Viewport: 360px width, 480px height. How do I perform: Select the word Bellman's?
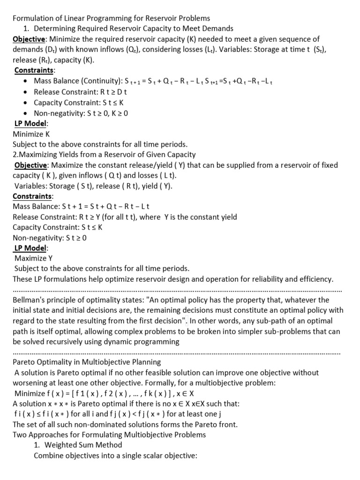(30, 300)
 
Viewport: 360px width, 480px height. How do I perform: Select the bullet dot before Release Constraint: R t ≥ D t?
(27, 91)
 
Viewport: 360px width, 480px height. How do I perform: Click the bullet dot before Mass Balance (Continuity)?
(27, 81)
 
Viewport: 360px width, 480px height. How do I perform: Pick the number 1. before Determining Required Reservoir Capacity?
(26, 29)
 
